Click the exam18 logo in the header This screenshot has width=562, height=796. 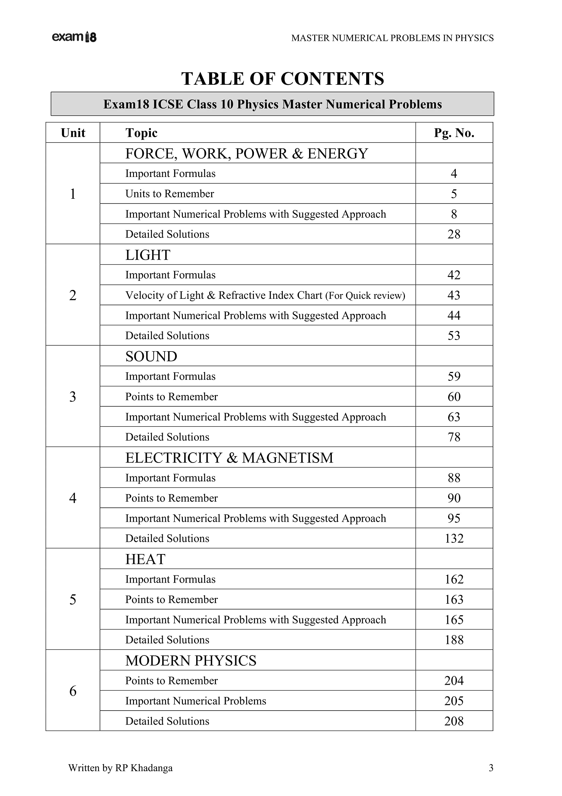(x=74, y=37)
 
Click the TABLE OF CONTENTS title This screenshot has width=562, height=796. (x=283, y=79)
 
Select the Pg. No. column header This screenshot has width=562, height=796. (x=454, y=133)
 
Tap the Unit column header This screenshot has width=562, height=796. (x=73, y=133)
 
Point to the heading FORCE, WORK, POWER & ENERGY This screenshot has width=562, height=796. (x=246, y=153)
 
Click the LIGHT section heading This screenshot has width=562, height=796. (x=148, y=255)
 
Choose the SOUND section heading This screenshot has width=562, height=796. (x=151, y=356)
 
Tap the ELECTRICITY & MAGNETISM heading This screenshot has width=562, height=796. (x=229, y=458)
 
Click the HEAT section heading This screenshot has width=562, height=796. (x=146, y=559)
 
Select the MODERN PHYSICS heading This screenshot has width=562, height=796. (x=191, y=661)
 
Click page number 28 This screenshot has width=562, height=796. (x=454, y=234)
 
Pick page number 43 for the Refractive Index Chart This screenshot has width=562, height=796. (x=454, y=295)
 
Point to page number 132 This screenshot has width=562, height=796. (x=454, y=538)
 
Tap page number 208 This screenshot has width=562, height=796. (x=454, y=721)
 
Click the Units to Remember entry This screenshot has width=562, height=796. (x=170, y=194)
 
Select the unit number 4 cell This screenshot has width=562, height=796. (x=73, y=498)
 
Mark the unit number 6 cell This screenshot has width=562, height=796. (x=73, y=691)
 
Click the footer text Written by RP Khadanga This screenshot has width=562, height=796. (x=120, y=768)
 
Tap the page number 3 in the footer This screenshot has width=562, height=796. (x=491, y=768)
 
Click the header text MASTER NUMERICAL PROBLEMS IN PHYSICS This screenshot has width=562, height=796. (x=392, y=38)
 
